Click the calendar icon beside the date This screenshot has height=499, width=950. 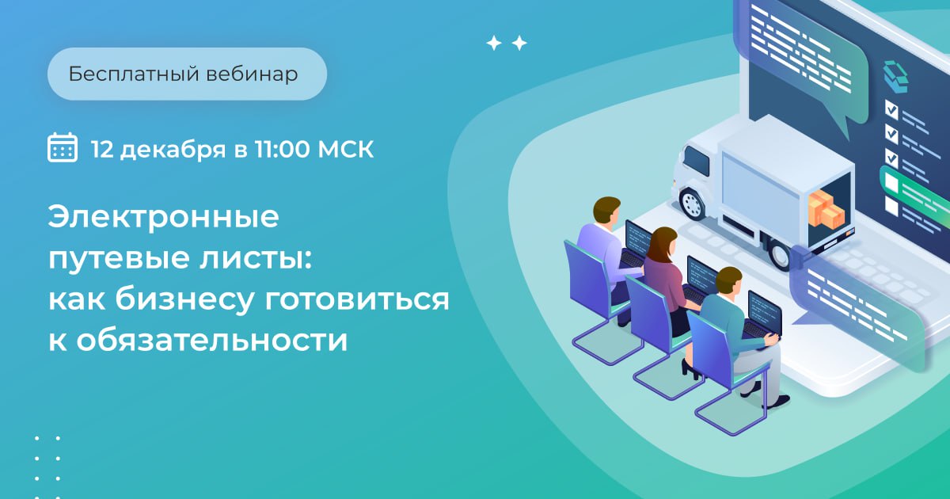(63, 147)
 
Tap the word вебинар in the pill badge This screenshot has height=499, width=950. (252, 74)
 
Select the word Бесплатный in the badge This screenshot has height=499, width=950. (134, 74)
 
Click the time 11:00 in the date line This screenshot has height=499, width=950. (282, 149)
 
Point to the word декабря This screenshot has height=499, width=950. (173, 150)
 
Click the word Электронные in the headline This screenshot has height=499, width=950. (164, 217)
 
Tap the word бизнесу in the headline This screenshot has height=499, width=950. (184, 300)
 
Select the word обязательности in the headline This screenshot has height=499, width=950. (211, 341)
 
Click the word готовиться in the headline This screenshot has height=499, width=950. (357, 299)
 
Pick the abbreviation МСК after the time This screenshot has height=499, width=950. (346, 149)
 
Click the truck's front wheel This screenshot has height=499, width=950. (692, 204)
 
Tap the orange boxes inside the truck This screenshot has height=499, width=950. (826, 210)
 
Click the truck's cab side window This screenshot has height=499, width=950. (697, 162)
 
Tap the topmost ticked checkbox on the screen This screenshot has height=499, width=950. (891, 110)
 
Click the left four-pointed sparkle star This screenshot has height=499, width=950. (494, 44)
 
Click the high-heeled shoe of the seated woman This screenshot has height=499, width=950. (690, 369)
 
